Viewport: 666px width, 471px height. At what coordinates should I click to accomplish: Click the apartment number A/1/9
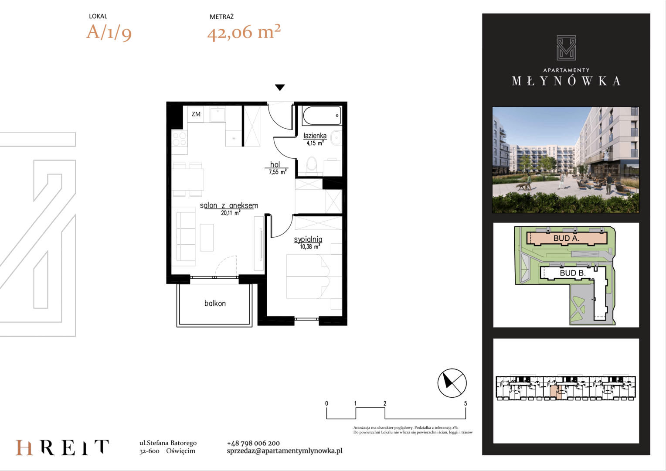109,32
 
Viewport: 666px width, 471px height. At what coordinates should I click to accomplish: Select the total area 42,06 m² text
244,32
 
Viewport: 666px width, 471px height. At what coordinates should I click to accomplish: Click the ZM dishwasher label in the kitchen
196,114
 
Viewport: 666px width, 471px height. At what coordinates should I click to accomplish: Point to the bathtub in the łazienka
322,116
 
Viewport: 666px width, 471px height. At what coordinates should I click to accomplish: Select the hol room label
275,164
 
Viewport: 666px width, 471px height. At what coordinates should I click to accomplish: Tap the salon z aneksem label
229,205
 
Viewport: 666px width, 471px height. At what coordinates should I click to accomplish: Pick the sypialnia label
308,239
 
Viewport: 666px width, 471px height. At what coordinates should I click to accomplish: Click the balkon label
215,304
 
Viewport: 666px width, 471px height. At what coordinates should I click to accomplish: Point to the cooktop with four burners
180,139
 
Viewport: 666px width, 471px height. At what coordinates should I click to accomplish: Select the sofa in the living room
186,236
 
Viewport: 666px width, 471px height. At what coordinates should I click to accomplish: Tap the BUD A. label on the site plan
566,238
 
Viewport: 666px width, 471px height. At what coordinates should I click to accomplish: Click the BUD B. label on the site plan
573,273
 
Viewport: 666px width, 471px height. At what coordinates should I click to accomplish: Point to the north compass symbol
452,383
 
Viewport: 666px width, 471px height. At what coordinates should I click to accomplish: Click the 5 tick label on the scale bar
466,403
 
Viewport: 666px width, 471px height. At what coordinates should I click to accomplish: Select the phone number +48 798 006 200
253,443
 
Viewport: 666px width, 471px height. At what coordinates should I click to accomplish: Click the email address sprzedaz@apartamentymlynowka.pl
285,451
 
